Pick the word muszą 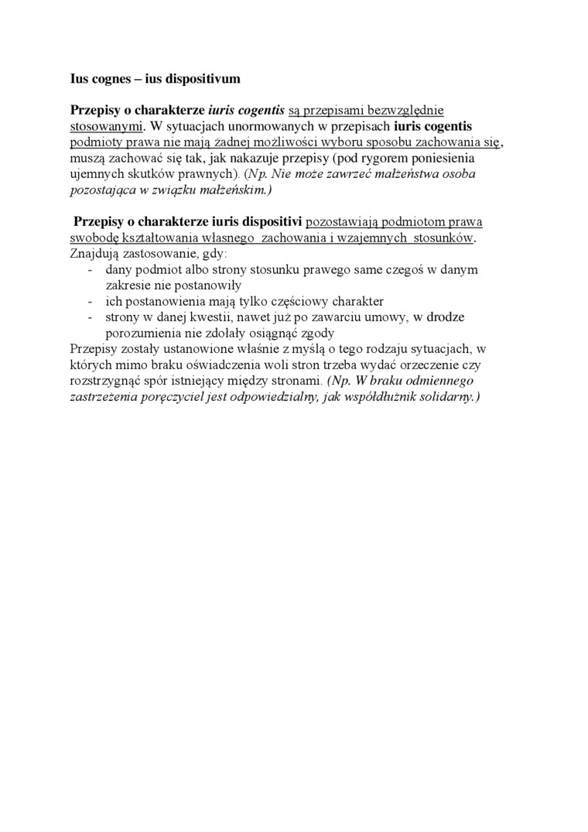click(76, 158)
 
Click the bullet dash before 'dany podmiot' click(91, 269)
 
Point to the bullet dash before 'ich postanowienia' click(91, 301)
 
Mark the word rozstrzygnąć click(98, 381)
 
